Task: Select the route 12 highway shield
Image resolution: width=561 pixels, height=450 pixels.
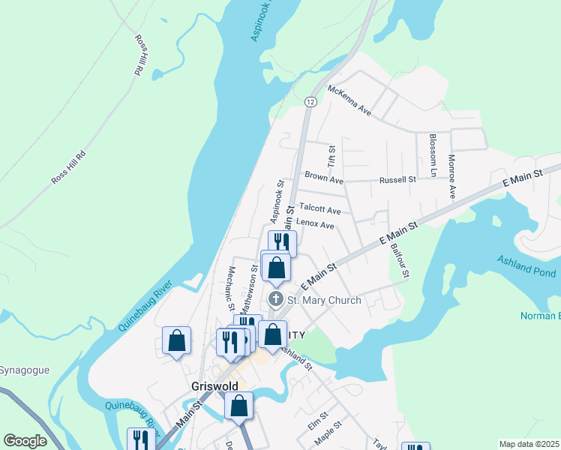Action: [310, 100]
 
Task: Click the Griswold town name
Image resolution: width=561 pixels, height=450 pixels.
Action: [213, 386]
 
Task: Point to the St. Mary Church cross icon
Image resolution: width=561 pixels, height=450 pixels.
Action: [275, 300]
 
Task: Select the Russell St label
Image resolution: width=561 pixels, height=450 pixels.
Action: [397, 180]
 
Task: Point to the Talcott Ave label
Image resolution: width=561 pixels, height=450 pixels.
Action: [319, 209]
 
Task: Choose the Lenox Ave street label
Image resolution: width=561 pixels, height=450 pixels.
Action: [315, 223]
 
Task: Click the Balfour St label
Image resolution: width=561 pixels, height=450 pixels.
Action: [398, 259]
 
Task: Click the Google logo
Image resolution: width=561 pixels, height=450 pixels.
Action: [25, 441]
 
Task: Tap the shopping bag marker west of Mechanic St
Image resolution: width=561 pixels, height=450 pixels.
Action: [176, 340]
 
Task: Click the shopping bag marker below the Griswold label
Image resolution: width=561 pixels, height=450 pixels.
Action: [238, 406]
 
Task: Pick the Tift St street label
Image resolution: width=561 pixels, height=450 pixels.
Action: [331, 156]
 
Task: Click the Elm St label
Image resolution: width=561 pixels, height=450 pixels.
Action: [318, 420]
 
